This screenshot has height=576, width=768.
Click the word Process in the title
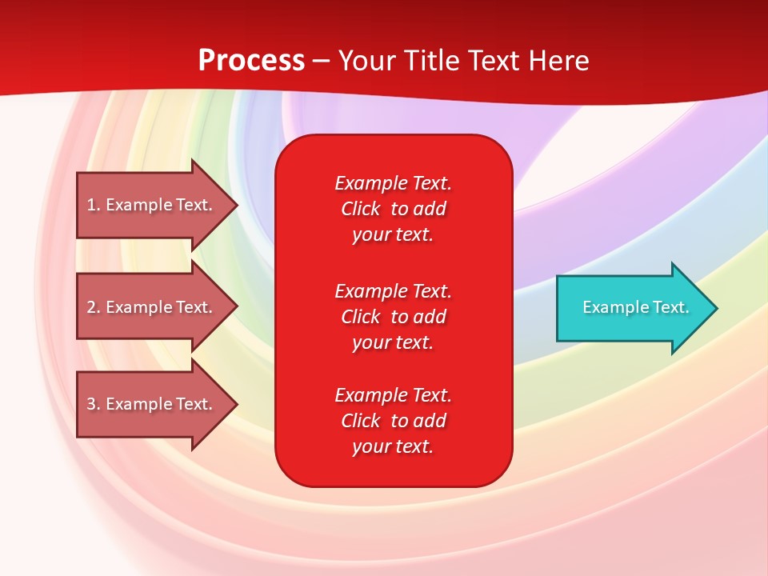pos(252,61)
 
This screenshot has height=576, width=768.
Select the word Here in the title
pos(558,60)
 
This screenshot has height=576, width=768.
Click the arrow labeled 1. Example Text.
pos(158,206)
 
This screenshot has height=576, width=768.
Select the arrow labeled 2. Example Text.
pos(158,307)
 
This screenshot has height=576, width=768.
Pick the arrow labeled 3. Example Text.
pos(158,404)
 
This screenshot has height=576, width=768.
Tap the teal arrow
pos(638,308)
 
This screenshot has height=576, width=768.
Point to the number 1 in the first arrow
pos(91,206)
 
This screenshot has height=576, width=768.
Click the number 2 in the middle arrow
pos(91,307)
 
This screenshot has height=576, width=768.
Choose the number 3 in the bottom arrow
pos(91,404)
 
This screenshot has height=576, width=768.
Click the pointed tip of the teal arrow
pos(718,308)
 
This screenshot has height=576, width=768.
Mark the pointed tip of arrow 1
pos(238,206)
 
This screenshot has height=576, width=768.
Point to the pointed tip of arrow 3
pos(238,404)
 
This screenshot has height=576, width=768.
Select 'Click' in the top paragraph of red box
pos(361,209)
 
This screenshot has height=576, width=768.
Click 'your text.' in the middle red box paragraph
pos(393,343)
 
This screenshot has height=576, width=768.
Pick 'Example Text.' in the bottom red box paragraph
pos(394,395)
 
